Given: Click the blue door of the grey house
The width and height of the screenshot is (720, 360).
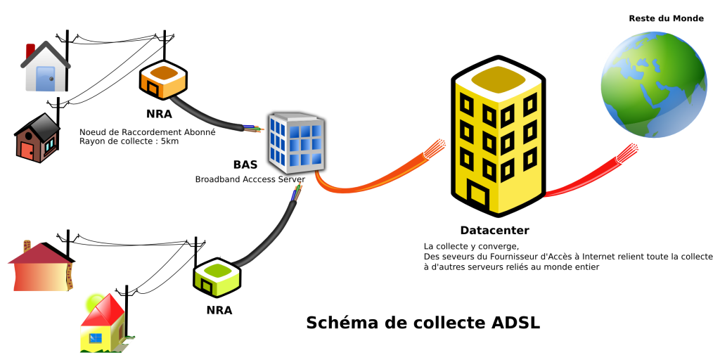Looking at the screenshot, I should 46,77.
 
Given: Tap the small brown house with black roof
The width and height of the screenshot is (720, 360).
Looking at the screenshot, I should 38,139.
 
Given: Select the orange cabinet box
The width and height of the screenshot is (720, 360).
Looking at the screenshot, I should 162,79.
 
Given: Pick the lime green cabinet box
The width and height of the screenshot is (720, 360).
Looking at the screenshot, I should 217,276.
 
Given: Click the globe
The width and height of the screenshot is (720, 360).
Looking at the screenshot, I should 653,84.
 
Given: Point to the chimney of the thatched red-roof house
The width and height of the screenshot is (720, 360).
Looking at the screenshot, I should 27,245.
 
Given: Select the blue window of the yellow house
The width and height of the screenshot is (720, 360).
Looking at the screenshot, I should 95,338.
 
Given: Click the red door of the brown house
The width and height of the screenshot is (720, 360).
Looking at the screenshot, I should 27,150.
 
